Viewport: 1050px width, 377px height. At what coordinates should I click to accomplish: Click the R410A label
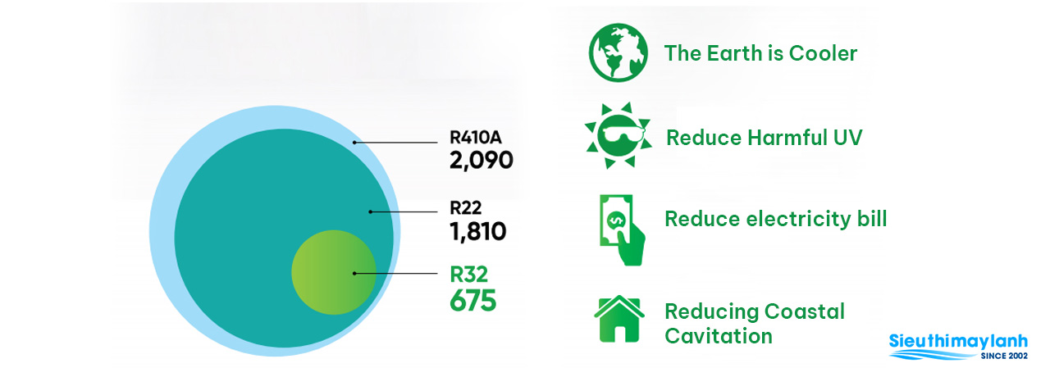tap(475, 138)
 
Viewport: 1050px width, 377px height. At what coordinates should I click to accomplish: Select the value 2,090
tap(481, 161)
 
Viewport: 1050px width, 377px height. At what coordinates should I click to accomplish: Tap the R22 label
tap(465, 208)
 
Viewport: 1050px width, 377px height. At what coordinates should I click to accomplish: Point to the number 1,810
tap(478, 231)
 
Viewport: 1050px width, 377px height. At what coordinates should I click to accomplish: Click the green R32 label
tap(468, 275)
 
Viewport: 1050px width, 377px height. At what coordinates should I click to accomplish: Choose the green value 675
tap(472, 300)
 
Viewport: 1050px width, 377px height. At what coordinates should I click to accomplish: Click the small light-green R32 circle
tap(333, 272)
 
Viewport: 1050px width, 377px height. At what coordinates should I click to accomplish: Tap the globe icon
tap(619, 52)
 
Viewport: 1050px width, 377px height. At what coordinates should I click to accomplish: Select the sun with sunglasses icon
tap(619, 135)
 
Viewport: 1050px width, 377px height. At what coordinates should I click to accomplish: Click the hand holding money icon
tap(622, 230)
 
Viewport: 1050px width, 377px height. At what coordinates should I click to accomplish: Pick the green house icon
tap(619, 319)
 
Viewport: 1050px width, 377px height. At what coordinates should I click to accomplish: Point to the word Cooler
tap(823, 53)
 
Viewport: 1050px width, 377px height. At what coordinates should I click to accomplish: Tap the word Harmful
tap(787, 138)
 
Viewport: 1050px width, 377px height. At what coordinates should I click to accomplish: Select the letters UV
tap(847, 138)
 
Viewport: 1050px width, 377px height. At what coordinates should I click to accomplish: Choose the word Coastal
tap(805, 311)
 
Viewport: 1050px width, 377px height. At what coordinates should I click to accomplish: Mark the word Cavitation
tap(719, 336)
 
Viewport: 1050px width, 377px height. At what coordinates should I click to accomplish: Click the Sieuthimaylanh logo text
tap(958, 342)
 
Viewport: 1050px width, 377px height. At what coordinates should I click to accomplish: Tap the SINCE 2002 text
tap(1004, 356)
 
